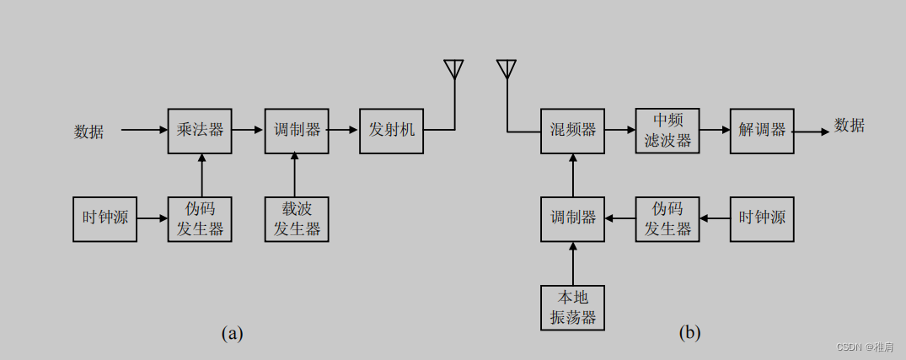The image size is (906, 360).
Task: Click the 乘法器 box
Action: (200, 131)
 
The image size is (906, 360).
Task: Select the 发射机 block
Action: (391, 131)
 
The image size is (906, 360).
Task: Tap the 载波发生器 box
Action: (296, 219)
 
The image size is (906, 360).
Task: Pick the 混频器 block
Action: (573, 131)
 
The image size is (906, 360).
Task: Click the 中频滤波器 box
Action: (667, 131)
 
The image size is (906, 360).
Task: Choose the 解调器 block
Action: (762, 131)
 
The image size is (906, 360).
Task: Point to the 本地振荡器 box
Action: (573, 307)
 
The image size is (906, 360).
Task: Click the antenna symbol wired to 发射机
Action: (454, 68)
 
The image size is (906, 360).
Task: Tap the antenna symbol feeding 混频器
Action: (507, 68)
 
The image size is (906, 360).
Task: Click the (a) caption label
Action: (232, 333)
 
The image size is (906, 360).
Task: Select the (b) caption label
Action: (689, 333)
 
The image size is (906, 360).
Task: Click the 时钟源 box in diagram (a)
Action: (105, 219)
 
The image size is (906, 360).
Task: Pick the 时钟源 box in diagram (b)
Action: (762, 218)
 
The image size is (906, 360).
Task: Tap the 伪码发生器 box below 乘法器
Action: (200, 219)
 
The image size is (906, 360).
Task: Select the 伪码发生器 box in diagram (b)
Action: (667, 218)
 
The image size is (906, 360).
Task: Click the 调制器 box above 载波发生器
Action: (296, 131)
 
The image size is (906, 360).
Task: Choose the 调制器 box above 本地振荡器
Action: (573, 218)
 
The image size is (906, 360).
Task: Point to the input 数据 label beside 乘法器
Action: (89, 132)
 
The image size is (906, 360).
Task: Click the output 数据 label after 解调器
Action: (850, 126)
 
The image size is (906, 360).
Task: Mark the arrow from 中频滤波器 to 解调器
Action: (715, 131)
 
